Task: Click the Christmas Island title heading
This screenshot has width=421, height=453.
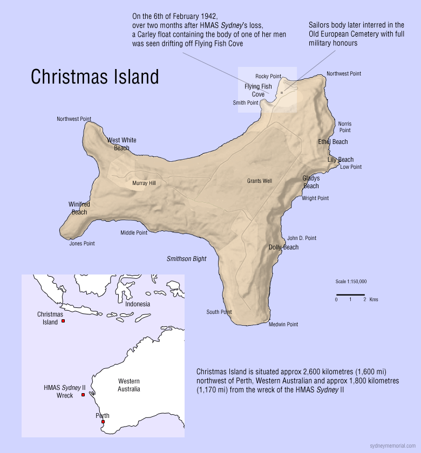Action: tap(94, 77)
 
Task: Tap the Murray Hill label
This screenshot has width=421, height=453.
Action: tap(144, 183)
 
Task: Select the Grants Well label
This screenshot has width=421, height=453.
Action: tap(260, 181)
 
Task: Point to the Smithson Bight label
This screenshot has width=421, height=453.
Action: tap(186, 259)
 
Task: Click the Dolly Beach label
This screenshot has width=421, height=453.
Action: tap(283, 248)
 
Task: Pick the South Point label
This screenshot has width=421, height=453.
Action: tap(219, 312)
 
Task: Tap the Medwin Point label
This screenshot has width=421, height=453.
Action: tap(283, 325)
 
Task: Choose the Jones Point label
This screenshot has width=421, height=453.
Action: tap(82, 244)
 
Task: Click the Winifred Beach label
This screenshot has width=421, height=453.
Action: tap(79, 208)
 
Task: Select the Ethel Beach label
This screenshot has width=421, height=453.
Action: tap(332, 142)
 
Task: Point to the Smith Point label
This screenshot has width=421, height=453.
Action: tap(246, 103)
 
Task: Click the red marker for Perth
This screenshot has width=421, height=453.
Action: tap(103, 422)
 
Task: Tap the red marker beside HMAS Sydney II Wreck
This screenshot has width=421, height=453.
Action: tap(83, 395)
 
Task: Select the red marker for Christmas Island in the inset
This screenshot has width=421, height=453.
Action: tap(63, 321)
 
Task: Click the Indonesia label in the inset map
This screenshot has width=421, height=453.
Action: tap(138, 304)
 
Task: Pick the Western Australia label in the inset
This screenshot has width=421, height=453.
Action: tap(129, 385)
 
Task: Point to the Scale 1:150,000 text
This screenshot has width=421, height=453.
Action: tap(351, 282)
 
